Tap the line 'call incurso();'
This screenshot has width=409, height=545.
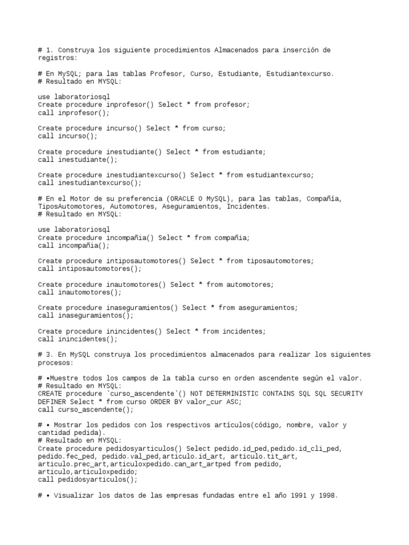tap(61, 136)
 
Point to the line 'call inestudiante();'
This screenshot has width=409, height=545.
tap(78, 160)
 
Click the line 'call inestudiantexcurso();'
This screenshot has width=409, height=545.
tap(89, 183)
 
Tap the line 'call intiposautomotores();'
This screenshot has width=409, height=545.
tap(89, 269)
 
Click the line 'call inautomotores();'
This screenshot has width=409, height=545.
tap(80, 293)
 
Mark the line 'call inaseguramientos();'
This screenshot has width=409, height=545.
tap(86, 316)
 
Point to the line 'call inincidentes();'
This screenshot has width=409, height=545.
tap(78, 339)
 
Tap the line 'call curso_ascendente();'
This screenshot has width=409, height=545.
tap(86, 410)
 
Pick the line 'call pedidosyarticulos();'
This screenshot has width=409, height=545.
tap(88, 480)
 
